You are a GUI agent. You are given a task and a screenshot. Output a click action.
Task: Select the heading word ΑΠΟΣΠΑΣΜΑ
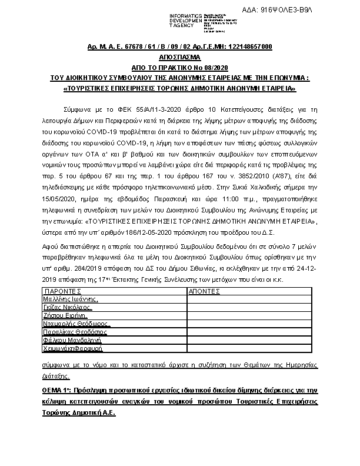179,59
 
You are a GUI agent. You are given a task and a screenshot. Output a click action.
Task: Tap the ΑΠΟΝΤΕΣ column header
204,291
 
